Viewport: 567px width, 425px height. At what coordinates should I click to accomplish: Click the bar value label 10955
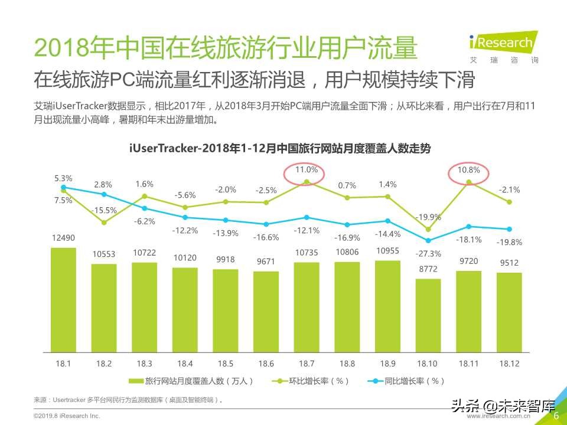[387, 251]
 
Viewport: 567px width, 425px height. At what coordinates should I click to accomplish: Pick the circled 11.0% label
[306, 169]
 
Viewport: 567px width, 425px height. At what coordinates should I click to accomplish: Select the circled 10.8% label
[469, 169]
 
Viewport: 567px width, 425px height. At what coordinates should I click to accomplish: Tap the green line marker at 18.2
[104, 223]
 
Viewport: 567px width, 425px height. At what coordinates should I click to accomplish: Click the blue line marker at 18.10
[428, 240]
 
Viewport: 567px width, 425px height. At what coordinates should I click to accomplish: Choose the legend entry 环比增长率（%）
[313, 381]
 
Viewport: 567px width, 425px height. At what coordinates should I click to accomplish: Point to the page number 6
[556, 416]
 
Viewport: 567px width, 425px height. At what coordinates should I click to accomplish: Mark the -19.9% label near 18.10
[429, 217]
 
